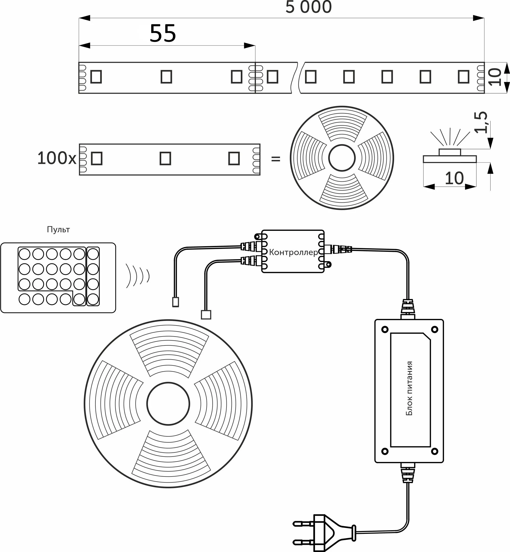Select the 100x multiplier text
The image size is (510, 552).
point(56,158)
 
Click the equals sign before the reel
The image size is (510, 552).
point(276,159)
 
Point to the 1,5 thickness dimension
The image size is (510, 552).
point(481,122)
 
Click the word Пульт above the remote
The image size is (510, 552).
point(58,229)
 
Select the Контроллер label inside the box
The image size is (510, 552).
point(293,252)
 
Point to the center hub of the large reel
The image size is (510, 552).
point(168,404)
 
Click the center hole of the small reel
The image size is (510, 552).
point(342,158)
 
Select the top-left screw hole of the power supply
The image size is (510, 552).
point(385,329)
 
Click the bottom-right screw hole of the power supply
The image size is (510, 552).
point(435,451)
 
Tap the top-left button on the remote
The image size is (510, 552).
point(24,254)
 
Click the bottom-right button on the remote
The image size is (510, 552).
point(93,299)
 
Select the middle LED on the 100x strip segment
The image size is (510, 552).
point(165,159)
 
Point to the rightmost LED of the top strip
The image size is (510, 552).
point(463,77)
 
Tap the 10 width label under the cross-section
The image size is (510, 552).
point(454,178)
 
